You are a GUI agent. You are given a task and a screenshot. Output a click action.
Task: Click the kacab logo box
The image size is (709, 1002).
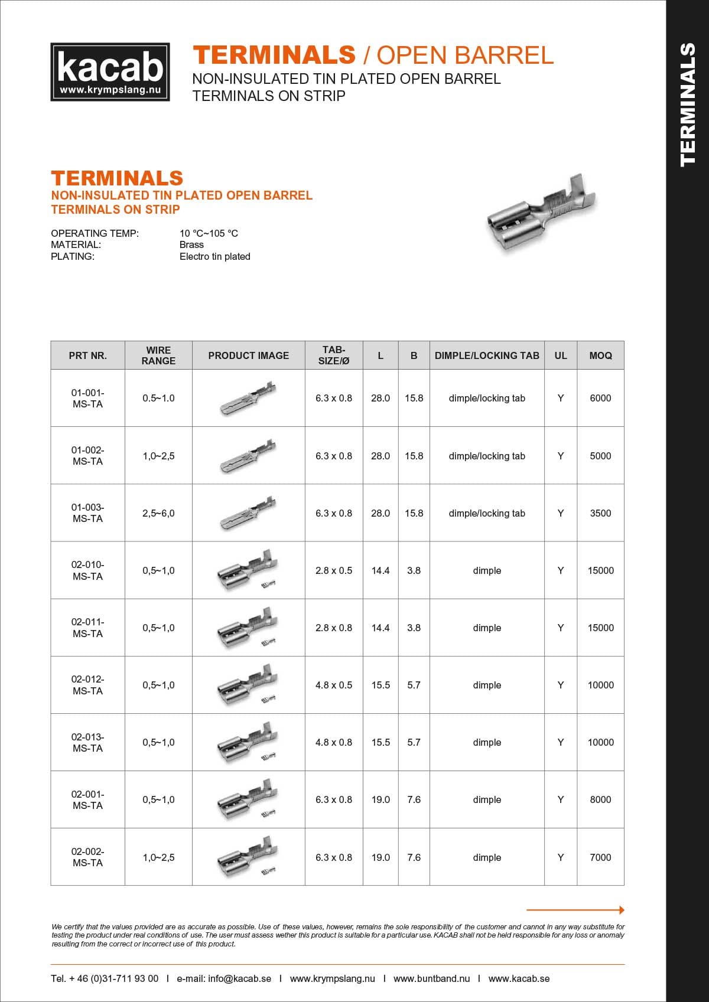point(110,71)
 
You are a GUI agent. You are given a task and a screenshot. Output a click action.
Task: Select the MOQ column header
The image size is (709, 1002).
point(600,355)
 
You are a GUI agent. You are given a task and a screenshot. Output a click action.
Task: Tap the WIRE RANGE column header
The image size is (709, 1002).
point(158,355)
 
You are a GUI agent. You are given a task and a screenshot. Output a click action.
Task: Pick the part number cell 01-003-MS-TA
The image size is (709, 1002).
point(87,513)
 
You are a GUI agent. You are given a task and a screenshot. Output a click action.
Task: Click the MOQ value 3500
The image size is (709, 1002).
point(600,513)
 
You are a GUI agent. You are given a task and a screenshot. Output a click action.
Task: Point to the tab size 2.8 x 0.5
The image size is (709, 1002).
point(333,570)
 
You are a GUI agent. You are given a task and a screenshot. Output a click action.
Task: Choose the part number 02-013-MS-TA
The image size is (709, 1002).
point(87,743)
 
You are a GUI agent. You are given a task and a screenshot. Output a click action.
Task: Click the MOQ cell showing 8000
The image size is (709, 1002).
point(600,799)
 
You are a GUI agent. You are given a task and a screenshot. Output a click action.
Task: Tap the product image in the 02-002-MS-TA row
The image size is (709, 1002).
point(248,856)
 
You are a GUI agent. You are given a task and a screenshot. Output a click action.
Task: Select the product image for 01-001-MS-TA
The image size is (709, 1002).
point(248,398)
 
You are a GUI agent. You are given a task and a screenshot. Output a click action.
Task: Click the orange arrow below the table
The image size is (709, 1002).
point(575,910)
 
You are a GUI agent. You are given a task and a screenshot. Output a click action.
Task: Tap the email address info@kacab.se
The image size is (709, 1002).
point(239,978)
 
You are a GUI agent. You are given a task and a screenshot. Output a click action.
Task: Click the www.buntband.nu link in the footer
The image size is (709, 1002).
point(431,978)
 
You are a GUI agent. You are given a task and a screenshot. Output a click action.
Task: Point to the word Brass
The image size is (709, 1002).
point(191,244)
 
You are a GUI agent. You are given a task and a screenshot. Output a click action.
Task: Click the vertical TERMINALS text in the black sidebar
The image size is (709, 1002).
point(687,105)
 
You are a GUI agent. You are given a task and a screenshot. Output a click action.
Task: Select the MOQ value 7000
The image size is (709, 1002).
point(600,857)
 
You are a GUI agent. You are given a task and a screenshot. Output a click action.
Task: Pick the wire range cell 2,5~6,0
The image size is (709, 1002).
point(158,513)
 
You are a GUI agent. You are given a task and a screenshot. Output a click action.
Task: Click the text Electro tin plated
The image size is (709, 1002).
point(214,256)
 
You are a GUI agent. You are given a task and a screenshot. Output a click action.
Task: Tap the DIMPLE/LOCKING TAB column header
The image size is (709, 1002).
point(487,355)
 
